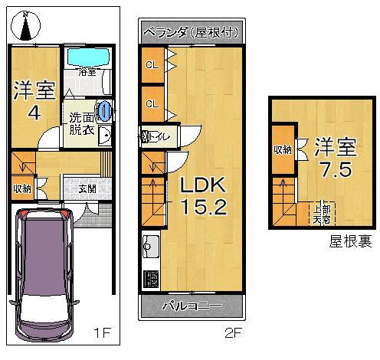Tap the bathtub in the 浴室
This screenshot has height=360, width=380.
[87, 57]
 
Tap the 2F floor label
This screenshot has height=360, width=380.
[233, 334]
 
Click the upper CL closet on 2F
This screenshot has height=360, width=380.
[152, 65]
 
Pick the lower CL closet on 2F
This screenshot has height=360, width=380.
[152, 103]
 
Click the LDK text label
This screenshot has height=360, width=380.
[201, 185]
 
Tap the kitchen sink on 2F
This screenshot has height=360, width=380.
[150, 248]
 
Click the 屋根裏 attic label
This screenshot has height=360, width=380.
[351, 242]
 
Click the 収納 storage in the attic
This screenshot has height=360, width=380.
[282, 150]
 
